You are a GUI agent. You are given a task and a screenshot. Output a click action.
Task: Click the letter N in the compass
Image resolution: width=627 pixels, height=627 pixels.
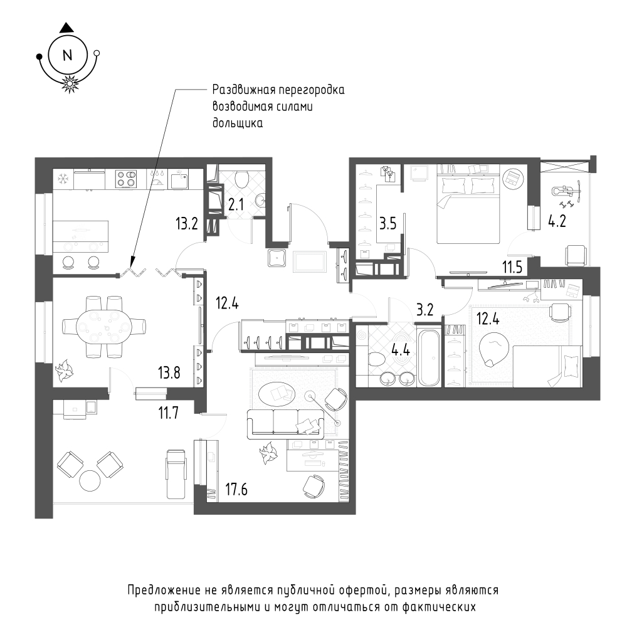[x=67, y=55]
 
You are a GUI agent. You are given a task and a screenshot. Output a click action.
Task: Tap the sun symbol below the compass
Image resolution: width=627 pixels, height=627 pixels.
[x=69, y=83]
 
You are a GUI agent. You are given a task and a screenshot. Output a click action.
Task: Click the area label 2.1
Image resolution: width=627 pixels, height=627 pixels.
[x=236, y=205]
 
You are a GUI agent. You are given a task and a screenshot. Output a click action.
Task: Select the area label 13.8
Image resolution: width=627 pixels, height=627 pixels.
[x=169, y=372]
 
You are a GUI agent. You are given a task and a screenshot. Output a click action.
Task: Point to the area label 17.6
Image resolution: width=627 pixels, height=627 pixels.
[x=236, y=490]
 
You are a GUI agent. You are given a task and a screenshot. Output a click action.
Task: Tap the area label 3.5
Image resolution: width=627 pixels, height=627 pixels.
[x=387, y=224]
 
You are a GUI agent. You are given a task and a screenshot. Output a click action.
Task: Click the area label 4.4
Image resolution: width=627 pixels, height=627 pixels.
[x=401, y=350]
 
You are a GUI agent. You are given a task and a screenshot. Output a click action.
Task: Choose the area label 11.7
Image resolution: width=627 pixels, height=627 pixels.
[x=168, y=413]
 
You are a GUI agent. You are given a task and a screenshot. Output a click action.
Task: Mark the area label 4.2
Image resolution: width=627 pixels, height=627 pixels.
[x=557, y=221]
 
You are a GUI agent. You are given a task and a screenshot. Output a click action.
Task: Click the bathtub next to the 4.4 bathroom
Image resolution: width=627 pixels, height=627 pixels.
[x=429, y=357]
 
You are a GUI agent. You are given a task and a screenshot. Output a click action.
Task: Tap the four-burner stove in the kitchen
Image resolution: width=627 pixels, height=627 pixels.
[x=126, y=179]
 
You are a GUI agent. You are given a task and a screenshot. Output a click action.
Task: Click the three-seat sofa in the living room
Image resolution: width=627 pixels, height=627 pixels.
[x=285, y=423]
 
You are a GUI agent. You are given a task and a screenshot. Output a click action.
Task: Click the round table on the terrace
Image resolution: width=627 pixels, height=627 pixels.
[x=90, y=481]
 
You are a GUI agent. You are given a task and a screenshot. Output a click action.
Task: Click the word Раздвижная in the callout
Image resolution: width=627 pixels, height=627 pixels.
[x=242, y=90]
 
